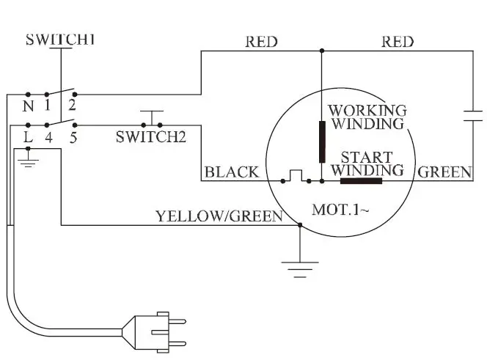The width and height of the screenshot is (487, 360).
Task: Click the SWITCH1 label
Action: click(60, 40)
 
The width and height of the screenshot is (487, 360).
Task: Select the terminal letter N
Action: click(29, 105)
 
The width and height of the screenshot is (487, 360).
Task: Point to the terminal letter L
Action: click(29, 136)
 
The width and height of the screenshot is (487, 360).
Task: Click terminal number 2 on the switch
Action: click(73, 105)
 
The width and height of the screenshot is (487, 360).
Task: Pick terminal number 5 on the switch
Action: click(73, 136)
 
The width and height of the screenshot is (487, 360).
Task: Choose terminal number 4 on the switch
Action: click(50, 136)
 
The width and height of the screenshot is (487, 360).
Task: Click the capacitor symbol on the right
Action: click(473, 114)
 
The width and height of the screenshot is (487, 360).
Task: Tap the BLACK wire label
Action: click(232, 172)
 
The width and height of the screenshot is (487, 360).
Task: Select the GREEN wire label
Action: click(445, 172)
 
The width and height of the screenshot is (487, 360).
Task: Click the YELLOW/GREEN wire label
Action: click(219, 216)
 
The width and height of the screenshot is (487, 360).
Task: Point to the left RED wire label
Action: click(262, 42)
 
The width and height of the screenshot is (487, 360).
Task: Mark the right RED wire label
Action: click(397, 42)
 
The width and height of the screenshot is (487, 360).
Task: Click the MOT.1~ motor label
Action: click(340, 210)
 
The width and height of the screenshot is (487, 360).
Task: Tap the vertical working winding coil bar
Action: click(321, 142)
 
